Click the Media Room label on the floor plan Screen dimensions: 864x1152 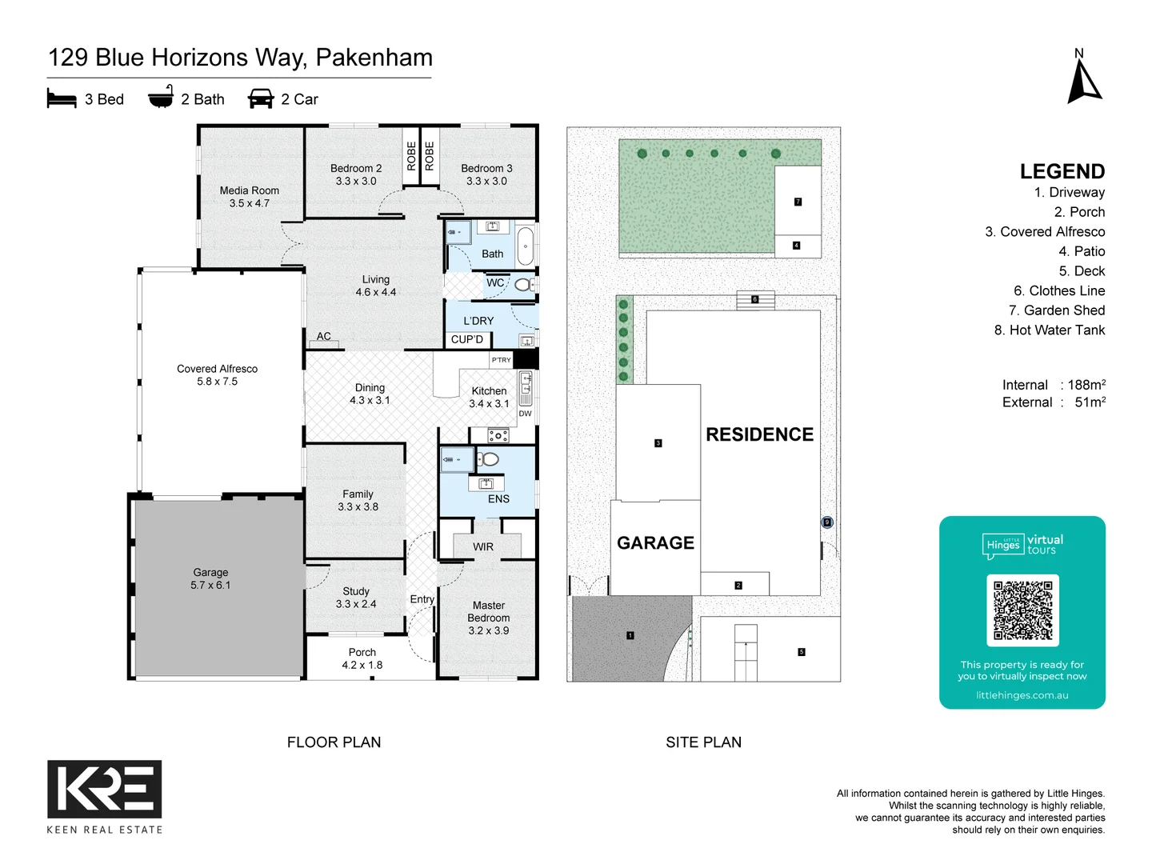tap(249, 190)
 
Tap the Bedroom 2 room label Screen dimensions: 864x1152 tap(356, 168)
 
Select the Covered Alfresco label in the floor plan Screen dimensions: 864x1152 tap(217, 369)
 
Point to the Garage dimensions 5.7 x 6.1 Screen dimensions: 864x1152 tap(210, 585)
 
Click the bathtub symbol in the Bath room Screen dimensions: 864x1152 tap(525, 246)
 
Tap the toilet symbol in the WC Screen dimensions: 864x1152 tap(522, 284)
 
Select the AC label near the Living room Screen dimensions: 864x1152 tap(323, 336)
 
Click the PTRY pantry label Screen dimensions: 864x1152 tap(501, 360)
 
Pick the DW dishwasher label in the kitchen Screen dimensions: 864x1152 tap(525, 414)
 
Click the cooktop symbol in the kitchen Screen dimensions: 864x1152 tap(498, 436)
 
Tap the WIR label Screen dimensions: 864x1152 tap(483, 547)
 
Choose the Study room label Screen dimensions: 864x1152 tap(356, 591)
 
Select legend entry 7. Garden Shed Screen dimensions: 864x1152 tap(1056, 310)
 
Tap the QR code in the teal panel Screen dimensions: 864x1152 tap(1022, 610)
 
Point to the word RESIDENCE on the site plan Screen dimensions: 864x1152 tap(759, 434)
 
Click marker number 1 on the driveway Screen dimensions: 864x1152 tap(630, 635)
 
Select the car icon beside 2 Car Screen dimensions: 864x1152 tap(261, 99)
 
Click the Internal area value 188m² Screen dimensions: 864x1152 tap(1086, 385)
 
